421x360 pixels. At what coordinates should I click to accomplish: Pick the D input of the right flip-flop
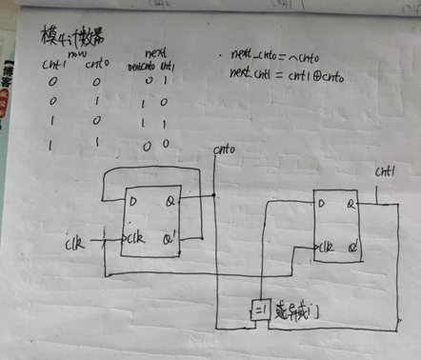click(322, 203)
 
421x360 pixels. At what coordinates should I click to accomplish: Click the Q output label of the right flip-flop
click(351, 203)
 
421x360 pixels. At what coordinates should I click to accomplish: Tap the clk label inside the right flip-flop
click(328, 246)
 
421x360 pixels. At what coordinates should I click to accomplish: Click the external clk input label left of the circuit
click(73, 243)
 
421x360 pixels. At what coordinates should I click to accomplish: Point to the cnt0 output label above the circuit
click(224, 150)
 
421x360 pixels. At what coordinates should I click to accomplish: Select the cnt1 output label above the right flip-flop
click(386, 173)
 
